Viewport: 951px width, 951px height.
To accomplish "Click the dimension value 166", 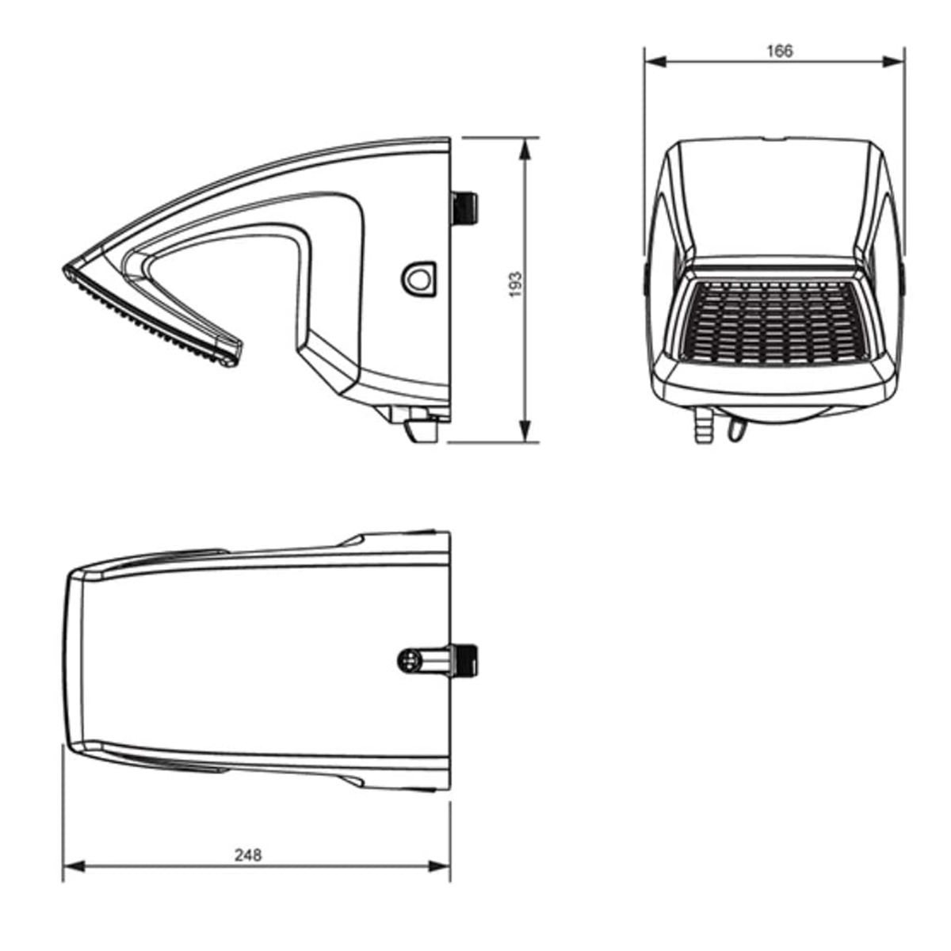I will tap(779, 52).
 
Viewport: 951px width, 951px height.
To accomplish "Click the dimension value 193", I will tap(515, 285).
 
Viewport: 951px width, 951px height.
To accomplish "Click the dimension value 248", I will tap(247, 854).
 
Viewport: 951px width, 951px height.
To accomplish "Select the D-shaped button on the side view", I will tap(419, 278).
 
